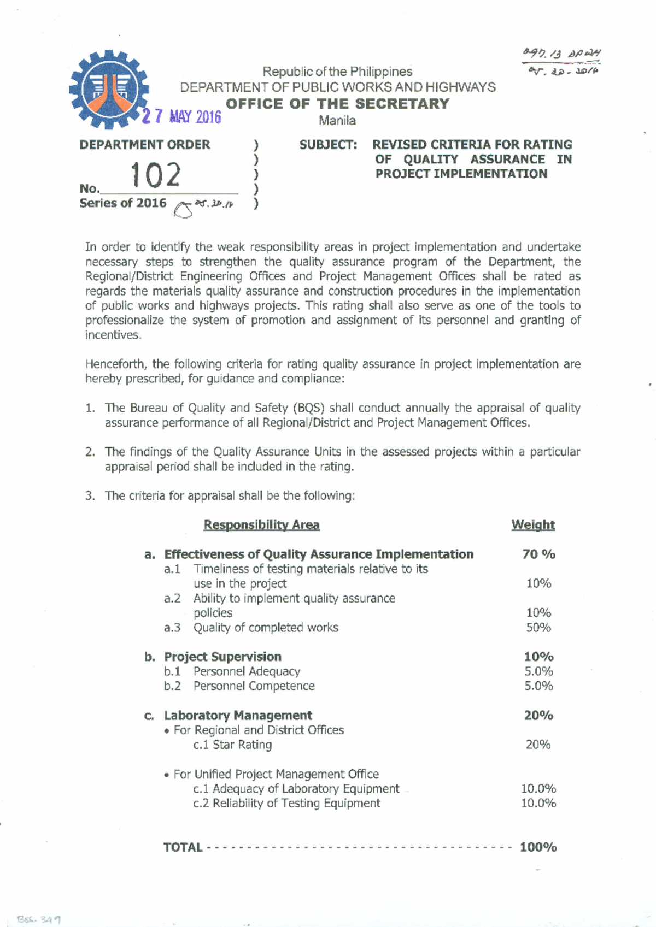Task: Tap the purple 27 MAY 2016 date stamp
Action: pyautogui.click(x=181, y=116)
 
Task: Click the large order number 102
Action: pyautogui.click(x=155, y=175)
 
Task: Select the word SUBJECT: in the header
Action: pyautogui.click(x=328, y=145)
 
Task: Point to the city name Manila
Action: pyautogui.click(x=337, y=121)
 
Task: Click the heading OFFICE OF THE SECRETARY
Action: pyautogui.click(x=337, y=104)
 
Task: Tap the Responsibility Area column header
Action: pyautogui.click(x=261, y=525)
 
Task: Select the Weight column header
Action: pyautogui.click(x=533, y=525)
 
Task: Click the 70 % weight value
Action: pyautogui.click(x=538, y=554)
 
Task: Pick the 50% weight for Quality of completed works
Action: pyautogui.click(x=538, y=628)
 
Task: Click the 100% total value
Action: pyautogui.click(x=538, y=847)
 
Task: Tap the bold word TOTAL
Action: pyautogui.click(x=183, y=847)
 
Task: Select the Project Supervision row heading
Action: pyautogui.click(x=222, y=657)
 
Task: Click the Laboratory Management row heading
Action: pyautogui.click(x=238, y=716)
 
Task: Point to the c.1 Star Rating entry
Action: pyautogui.click(x=232, y=745)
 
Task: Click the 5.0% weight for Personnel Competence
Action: pyautogui.click(x=538, y=686)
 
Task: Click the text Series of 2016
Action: pyautogui.click(x=123, y=203)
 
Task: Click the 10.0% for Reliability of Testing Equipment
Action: pyautogui.click(x=538, y=804)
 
